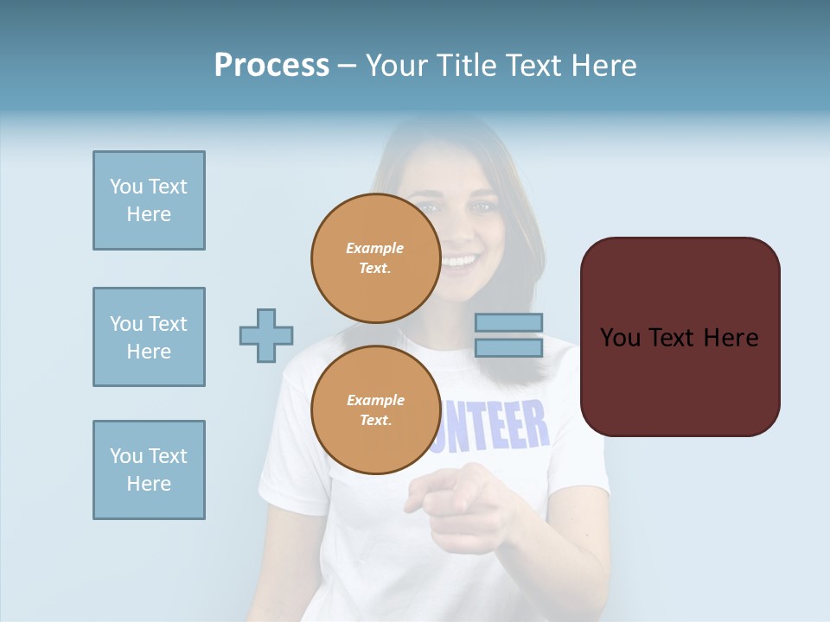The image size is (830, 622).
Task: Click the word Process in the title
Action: click(271, 66)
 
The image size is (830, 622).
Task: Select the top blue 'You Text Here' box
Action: click(149, 200)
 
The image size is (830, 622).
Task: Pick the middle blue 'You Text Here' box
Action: click(149, 337)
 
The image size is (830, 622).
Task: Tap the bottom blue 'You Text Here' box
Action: click(149, 470)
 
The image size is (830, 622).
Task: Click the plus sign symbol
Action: click(266, 335)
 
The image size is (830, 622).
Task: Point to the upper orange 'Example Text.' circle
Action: click(375, 258)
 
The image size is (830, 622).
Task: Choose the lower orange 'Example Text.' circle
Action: click(375, 410)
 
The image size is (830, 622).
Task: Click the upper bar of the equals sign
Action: click(508, 323)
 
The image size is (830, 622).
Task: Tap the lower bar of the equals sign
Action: click(508, 347)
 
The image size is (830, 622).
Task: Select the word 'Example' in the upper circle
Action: click(374, 249)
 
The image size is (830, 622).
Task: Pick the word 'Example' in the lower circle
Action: click(375, 401)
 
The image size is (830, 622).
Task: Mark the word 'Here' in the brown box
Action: click(731, 338)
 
